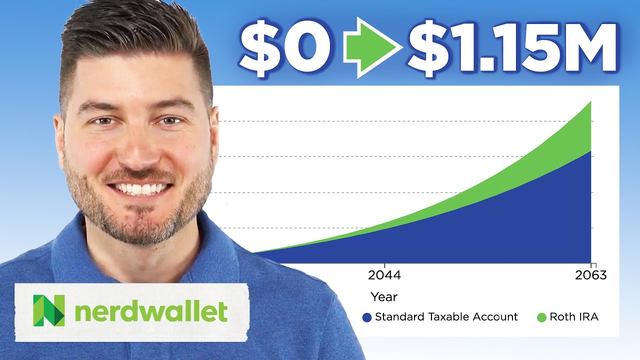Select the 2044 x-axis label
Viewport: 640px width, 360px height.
click(384, 275)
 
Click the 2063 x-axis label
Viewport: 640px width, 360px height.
click(590, 275)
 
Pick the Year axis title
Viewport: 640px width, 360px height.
click(384, 296)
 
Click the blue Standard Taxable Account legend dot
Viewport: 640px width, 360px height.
click(367, 317)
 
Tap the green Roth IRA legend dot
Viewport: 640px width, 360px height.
click(541, 317)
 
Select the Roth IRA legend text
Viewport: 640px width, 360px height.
click(573, 317)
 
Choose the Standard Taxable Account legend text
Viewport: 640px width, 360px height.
click(446, 317)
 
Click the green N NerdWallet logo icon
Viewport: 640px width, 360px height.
click(48, 310)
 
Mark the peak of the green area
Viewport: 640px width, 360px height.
click(590, 102)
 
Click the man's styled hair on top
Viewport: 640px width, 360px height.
click(130, 35)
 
